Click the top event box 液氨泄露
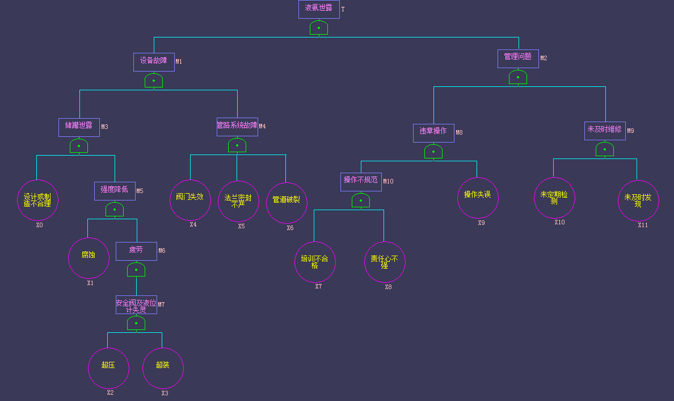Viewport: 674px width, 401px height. pyautogui.click(x=319, y=9)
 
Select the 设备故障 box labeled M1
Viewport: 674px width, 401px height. pyautogui.click(x=154, y=62)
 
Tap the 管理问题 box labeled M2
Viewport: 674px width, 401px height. pyautogui.click(x=518, y=59)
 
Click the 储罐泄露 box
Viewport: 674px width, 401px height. pyautogui.click(x=79, y=127)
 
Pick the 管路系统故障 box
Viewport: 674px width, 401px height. pyautogui.click(x=237, y=127)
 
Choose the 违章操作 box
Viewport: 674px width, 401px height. pyautogui.click(x=433, y=133)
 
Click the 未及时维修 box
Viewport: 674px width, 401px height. pyautogui.click(x=605, y=131)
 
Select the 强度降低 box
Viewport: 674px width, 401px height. pyautogui.click(x=115, y=191)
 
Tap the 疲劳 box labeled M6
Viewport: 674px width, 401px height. pyautogui.click(x=136, y=251)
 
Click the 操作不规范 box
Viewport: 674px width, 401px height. pyautogui.click(x=361, y=182)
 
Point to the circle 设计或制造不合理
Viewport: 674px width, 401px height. pyautogui.click(x=37, y=200)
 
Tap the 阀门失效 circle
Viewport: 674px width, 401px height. pyautogui.click(x=190, y=199)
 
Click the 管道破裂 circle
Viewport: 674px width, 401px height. pyautogui.click(x=287, y=202)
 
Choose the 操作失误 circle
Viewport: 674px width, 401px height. pyautogui.click(x=478, y=197)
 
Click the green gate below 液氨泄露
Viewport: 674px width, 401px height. pyautogui.click(x=319, y=28)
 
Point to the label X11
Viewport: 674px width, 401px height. pyautogui.click(x=642, y=225)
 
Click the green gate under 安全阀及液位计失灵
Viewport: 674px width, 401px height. pyautogui.click(x=136, y=324)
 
